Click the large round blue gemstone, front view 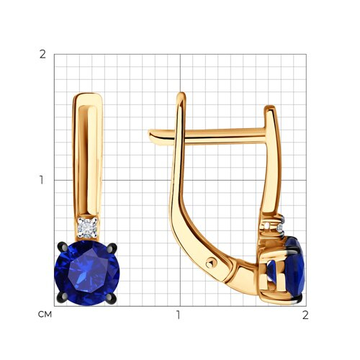tap(87, 273)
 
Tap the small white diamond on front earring tap(87, 228)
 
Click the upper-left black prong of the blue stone tap(61, 247)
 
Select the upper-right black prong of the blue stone tap(112, 248)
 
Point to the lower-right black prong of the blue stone tap(111, 299)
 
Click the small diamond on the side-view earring tap(279, 228)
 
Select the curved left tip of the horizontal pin tap(151, 135)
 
